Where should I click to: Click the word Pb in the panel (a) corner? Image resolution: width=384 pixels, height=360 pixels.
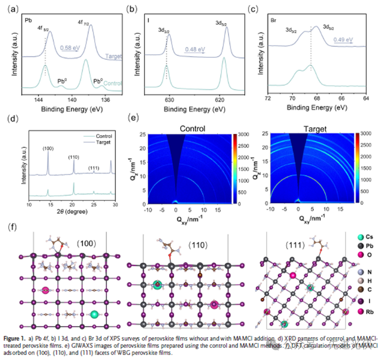[x=28, y=20]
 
